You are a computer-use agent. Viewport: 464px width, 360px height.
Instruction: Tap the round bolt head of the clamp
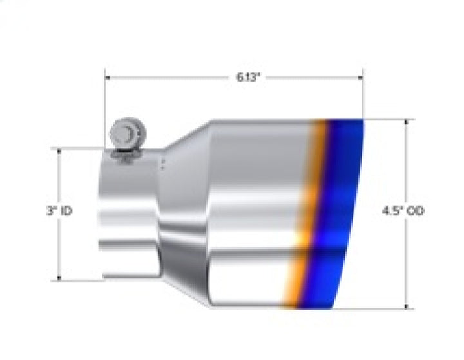126,133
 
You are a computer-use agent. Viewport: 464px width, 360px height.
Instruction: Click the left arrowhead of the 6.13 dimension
108,77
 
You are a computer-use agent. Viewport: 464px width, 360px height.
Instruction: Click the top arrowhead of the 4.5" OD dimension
406,123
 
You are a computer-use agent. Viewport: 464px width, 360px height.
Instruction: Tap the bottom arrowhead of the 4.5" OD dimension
406,305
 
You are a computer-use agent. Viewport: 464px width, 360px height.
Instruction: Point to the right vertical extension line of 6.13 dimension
363,97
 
